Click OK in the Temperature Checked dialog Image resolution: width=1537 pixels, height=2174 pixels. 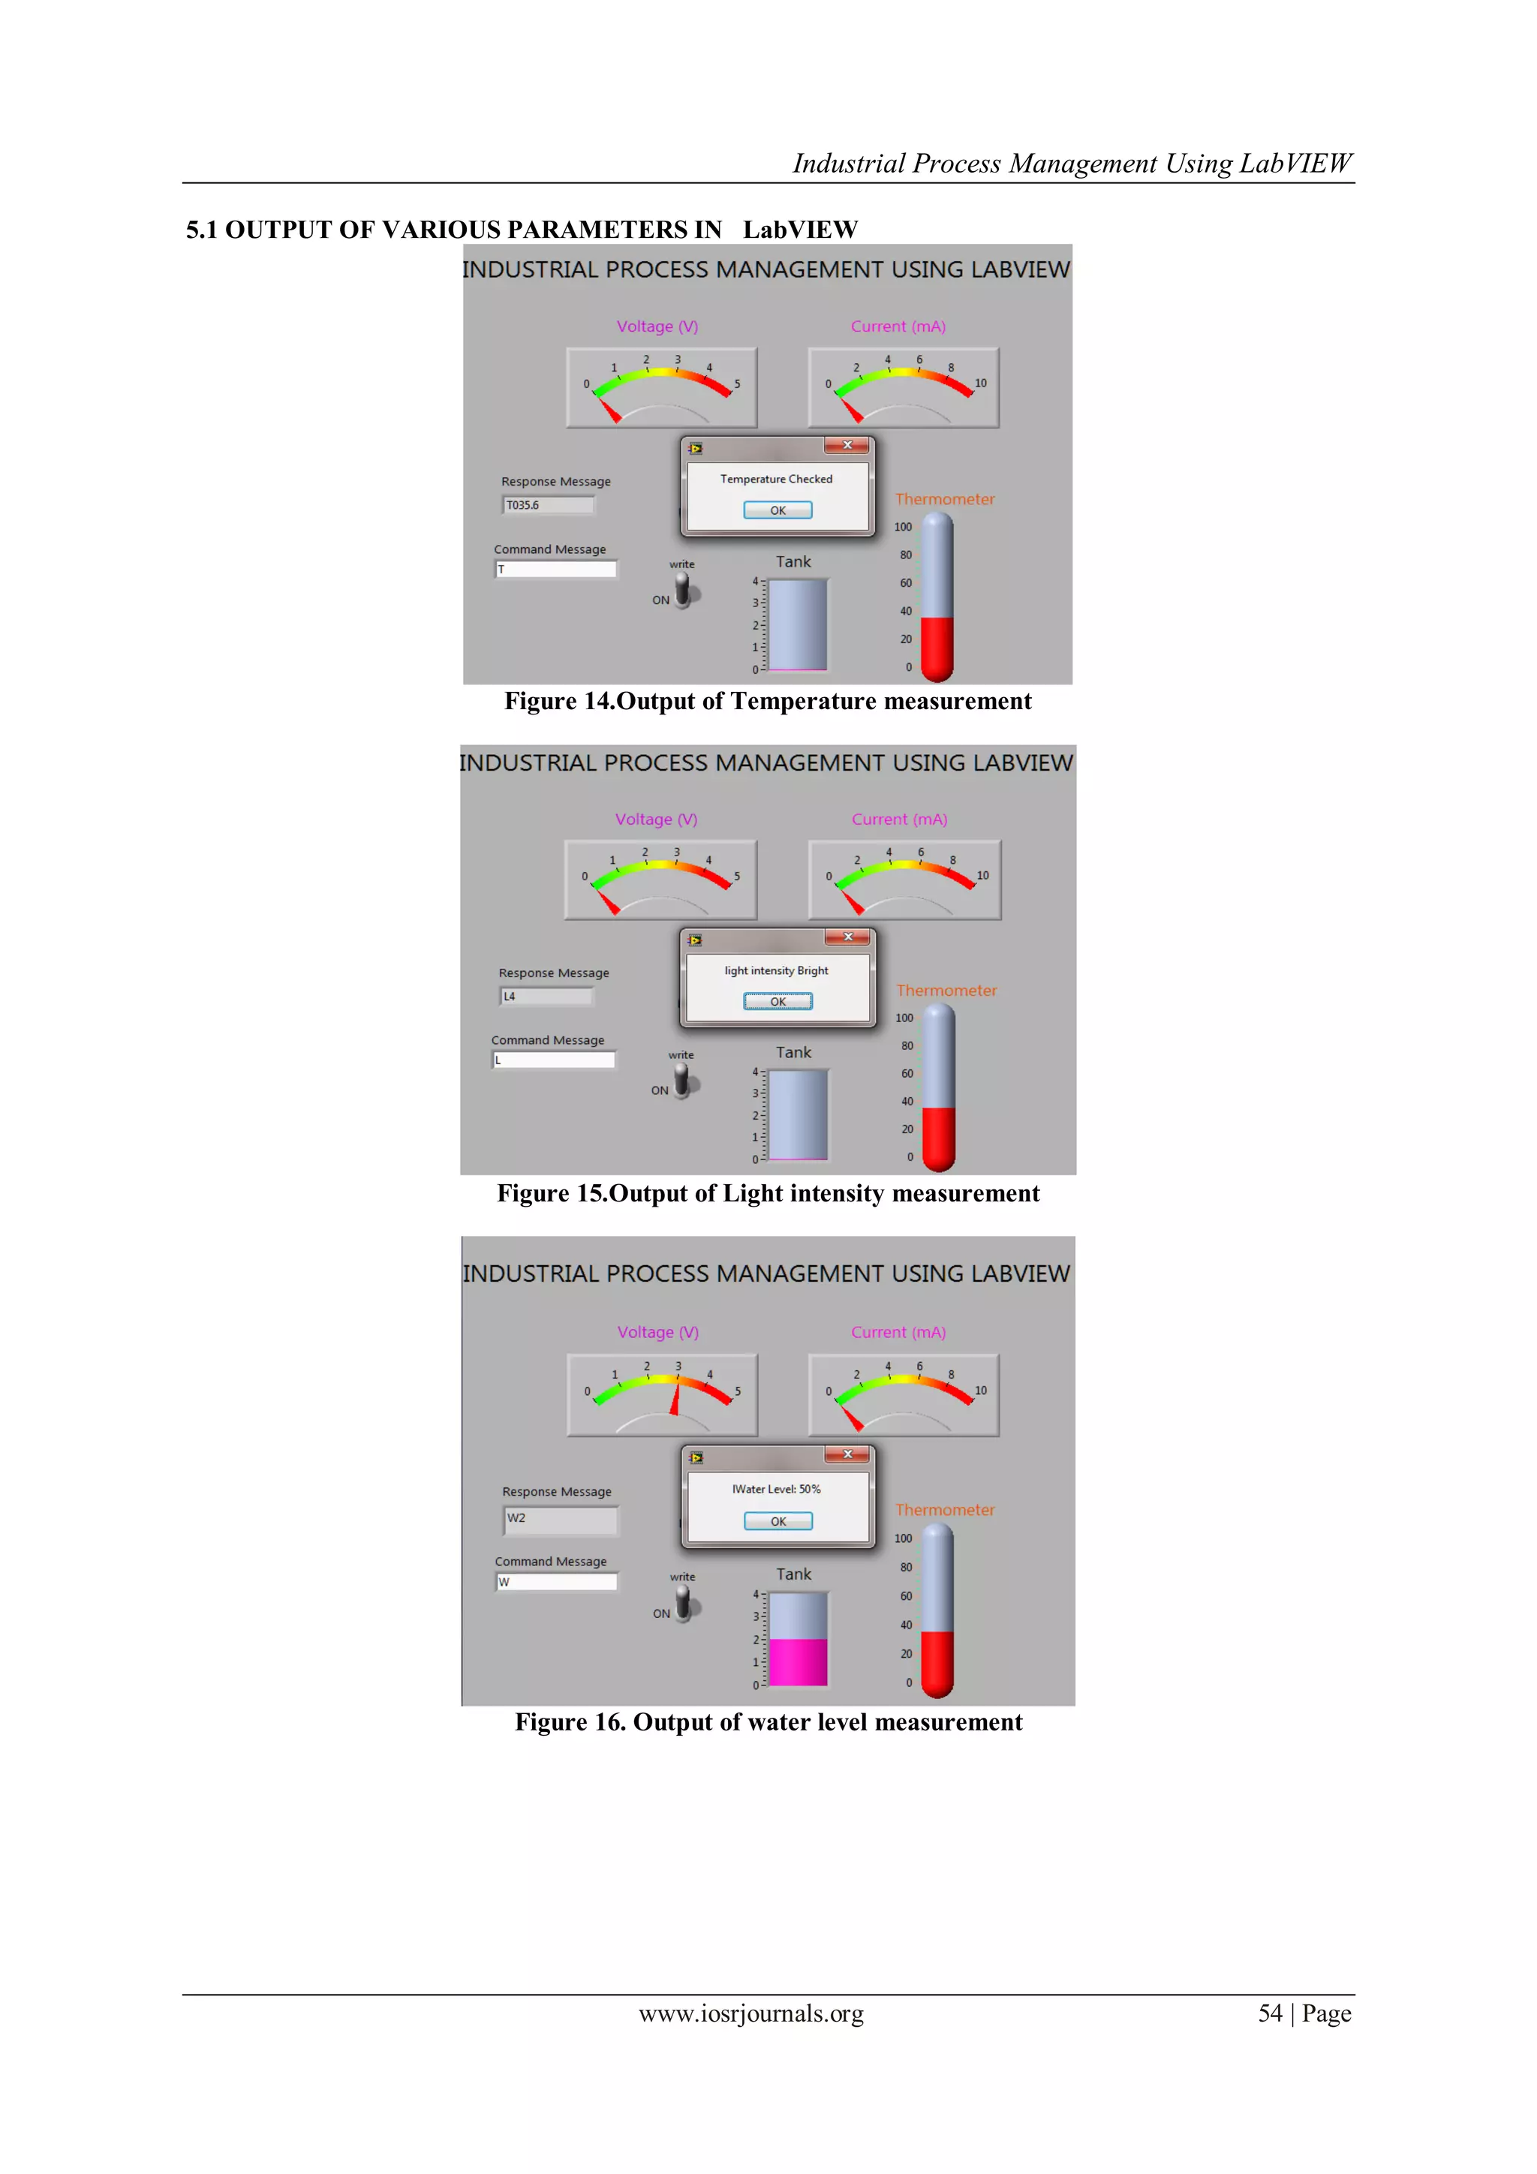click(x=778, y=510)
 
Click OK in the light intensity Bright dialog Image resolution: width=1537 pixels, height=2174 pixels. click(x=778, y=1002)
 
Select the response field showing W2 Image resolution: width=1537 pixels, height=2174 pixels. click(x=560, y=1520)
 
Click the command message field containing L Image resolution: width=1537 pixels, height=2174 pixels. click(x=554, y=1060)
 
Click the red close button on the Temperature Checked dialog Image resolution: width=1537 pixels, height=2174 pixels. click(x=847, y=445)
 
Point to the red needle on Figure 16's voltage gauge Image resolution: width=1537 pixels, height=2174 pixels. click(x=676, y=1396)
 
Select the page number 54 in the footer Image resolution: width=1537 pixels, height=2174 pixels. click(x=1269, y=2013)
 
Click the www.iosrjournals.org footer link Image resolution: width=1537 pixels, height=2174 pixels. click(x=751, y=2014)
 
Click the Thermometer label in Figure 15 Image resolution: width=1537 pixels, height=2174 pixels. click(x=946, y=991)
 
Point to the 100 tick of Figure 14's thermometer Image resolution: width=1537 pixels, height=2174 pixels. click(x=904, y=528)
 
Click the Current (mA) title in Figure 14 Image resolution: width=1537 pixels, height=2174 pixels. click(x=898, y=326)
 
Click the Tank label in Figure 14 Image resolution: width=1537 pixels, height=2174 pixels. click(x=793, y=562)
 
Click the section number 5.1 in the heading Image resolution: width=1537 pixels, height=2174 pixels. click(x=201, y=230)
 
